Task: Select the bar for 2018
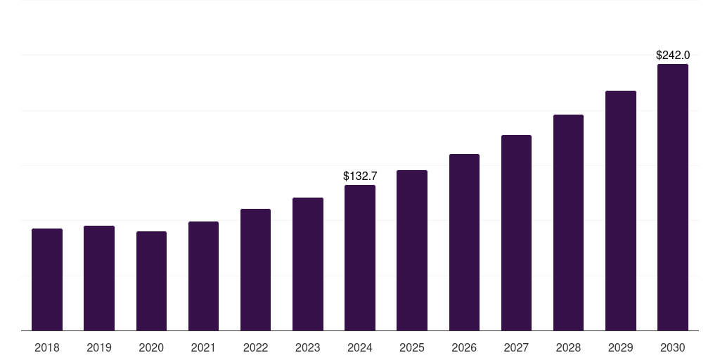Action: [47, 280]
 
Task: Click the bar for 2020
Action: [152, 281]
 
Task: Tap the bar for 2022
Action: [255, 269]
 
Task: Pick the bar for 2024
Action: [360, 257]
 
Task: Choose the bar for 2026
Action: [464, 243]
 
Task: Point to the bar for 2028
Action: [568, 223]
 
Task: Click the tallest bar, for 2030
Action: [673, 198]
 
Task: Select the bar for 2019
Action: [99, 278]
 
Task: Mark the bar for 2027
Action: [516, 233]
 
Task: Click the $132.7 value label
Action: [360, 176]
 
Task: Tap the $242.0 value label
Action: [673, 55]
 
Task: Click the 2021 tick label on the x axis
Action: [203, 347]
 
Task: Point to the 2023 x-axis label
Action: [308, 347]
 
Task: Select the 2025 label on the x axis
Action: [412, 347]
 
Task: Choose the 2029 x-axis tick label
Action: [620, 347]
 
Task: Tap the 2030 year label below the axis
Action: [673, 347]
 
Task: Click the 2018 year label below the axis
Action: [47, 347]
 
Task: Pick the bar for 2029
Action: [621, 211]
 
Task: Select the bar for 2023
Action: [308, 264]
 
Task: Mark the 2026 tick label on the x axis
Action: [464, 347]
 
